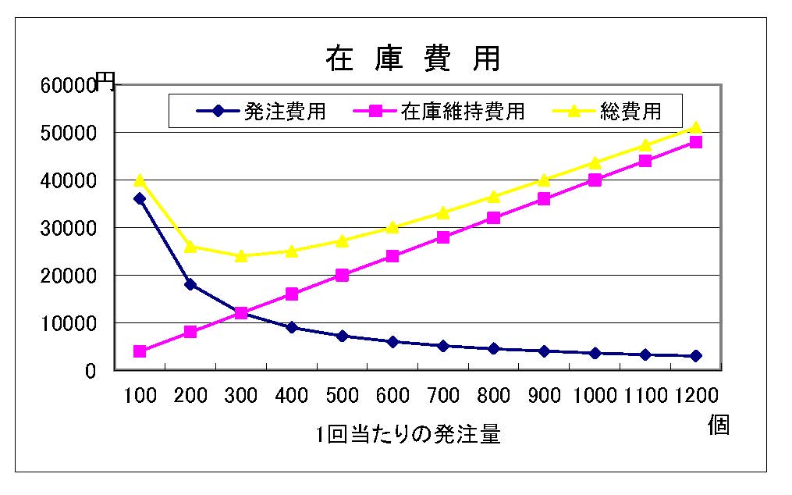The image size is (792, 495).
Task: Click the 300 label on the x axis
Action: [x=240, y=396]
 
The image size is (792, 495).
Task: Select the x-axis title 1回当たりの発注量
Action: [x=408, y=434]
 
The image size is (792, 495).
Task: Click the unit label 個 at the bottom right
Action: [x=718, y=426]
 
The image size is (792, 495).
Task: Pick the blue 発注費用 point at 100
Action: [x=140, y=198]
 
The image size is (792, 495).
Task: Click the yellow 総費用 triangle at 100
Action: [x=140, y=180]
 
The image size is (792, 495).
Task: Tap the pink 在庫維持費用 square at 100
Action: [x=140, y=351]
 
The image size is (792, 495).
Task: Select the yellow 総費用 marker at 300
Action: [x=240, y=255]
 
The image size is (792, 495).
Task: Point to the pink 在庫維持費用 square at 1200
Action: [x=695, y=142]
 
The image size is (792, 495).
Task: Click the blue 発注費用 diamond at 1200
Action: [x=695, y=356]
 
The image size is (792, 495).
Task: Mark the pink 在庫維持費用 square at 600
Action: [x=392, y=256]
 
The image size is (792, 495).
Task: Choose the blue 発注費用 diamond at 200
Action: [x=190, y=284]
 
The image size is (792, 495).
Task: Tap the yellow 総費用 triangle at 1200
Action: [x=695, y=127]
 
